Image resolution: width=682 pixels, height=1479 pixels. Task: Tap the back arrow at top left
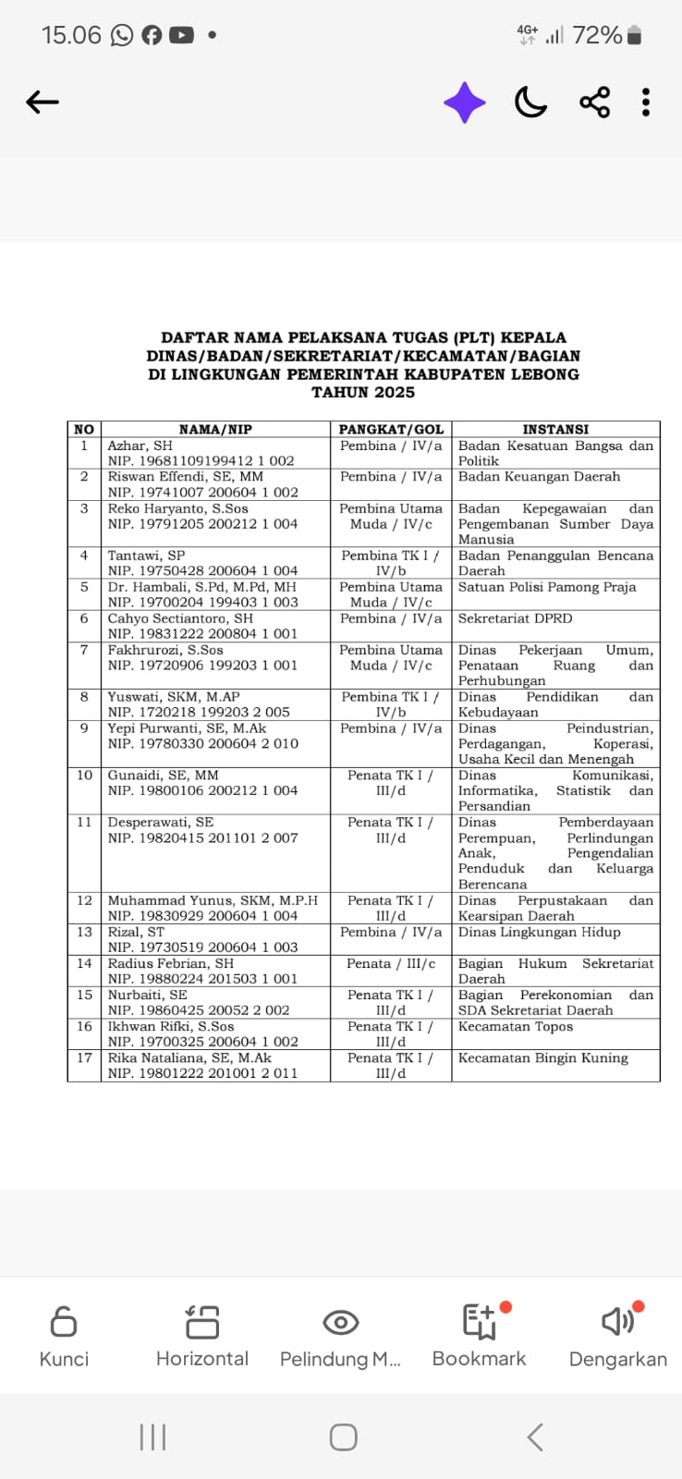[x=43, y=102]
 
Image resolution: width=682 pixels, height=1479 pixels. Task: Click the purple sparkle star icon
[x=465, y=102]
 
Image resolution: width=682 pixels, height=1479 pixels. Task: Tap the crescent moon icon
[x=530, y=102]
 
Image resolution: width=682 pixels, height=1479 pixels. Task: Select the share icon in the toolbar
[x=595, y=102]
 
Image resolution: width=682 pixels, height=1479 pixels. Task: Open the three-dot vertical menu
[x=646, y=102]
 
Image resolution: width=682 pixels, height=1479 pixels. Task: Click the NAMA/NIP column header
[x=215, y=430]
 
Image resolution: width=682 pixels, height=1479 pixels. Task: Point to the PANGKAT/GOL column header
[x=391, y=430]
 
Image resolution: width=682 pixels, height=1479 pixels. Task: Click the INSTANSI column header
[x=555, y=430]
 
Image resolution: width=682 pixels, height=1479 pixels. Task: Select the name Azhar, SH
[x=140, y=446]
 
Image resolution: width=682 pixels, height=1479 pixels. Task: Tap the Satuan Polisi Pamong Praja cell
[x=547, y=587]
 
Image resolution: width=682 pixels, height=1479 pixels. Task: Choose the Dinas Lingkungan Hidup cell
[x=540, y=932]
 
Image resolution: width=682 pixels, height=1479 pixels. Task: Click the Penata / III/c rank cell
[x=391, y=963]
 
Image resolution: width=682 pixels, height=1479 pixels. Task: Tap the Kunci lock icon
[x=64, y=1323]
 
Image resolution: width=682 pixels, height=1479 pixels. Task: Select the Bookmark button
[x=480, y=1323]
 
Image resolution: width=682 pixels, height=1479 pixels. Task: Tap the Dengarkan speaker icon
[x=618, y=1323]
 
